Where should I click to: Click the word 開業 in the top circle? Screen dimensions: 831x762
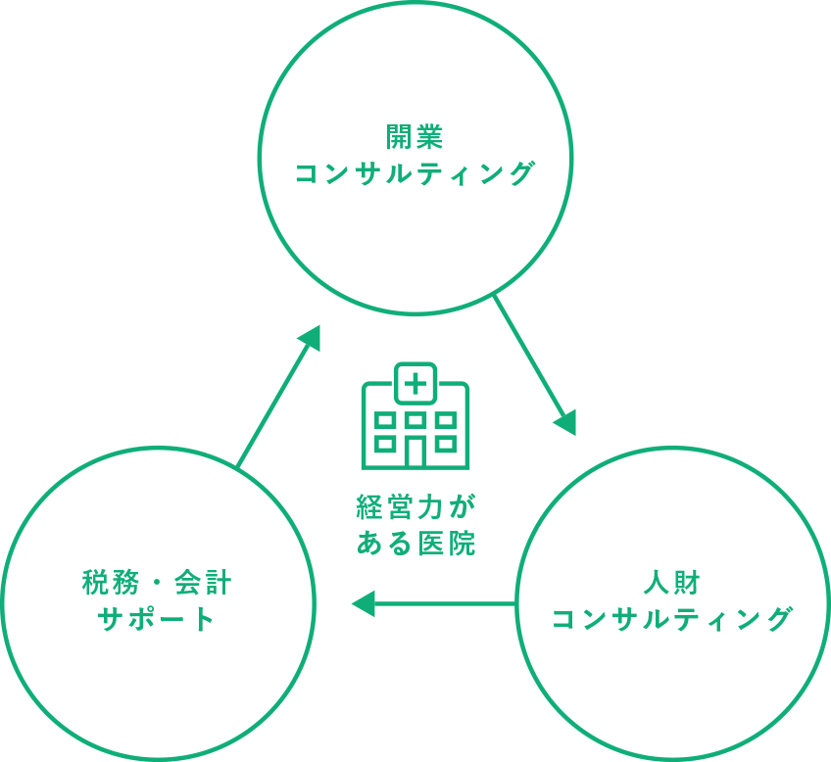415,137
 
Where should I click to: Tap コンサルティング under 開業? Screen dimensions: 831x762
415,173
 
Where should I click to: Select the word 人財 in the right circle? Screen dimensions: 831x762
672,583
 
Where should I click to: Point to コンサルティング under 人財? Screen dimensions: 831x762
672,619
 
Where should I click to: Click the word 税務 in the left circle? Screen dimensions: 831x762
110,583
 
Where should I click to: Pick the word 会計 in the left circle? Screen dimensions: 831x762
203,583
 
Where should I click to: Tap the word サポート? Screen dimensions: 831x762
157,619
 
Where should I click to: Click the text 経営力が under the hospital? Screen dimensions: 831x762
415,506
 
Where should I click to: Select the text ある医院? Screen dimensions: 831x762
415,544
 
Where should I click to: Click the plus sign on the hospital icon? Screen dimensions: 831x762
415,384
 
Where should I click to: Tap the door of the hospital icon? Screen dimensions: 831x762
415,452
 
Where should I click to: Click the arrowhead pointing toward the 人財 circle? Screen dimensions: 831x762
566,422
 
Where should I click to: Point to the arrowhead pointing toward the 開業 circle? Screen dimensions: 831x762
311,337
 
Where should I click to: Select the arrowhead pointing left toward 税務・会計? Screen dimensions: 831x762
364,603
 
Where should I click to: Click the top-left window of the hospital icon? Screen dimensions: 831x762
385,421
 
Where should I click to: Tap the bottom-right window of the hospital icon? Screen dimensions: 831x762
446,444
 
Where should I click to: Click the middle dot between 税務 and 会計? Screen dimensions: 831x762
157,583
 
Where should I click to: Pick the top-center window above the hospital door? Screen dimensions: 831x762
415,421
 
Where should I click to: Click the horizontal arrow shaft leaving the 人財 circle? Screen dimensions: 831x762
445,603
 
